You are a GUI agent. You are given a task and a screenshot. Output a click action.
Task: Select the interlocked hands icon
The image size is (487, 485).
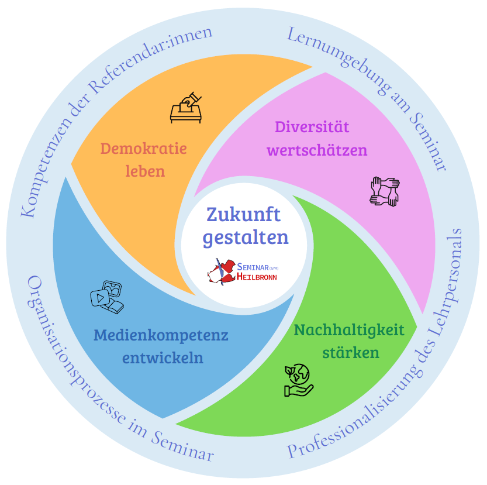[385, 191]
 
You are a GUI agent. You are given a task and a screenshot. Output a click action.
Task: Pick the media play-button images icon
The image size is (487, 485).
[107, 294]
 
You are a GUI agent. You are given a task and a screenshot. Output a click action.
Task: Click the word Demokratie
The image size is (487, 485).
[143, 149]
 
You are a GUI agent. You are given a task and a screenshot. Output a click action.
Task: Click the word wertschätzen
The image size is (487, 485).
[317, 150]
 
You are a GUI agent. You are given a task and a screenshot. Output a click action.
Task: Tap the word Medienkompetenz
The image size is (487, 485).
[161, 336]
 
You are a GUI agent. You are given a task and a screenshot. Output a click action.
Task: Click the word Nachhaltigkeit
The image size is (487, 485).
[349, 331]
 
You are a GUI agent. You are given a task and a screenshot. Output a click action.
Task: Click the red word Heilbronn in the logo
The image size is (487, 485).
[257, 277]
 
